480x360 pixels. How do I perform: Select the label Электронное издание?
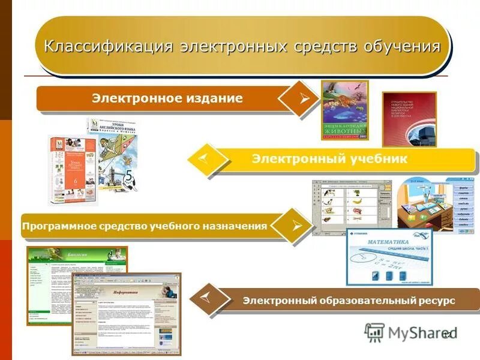[167, 98]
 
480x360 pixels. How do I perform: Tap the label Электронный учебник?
[329, 159]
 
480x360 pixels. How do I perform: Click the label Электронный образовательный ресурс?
[349, 300]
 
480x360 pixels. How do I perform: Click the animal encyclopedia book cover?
[344, 110]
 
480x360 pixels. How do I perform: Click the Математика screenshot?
[389, 258]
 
